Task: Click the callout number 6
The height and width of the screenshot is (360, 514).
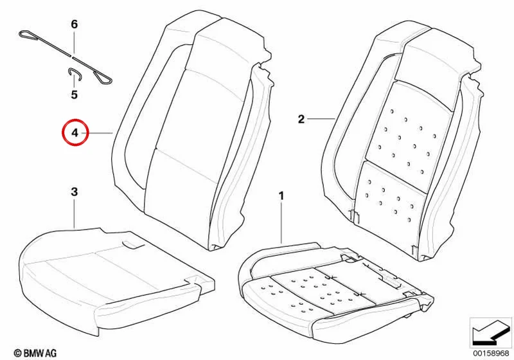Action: (75, 24)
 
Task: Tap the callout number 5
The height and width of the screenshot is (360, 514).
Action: (75, 94)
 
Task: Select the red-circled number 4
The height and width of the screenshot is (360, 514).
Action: (75, 133)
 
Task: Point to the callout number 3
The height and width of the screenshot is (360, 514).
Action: (75, 192)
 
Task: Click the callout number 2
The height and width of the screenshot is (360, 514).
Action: (301, 119)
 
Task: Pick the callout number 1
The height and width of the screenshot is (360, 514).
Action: (281, 197)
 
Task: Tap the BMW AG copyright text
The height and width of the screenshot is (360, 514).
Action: (35, 353)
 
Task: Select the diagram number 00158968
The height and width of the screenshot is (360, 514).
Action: (491, 353)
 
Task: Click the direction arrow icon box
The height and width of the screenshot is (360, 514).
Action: (490, 332)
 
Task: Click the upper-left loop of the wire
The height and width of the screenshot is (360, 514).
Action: (28, 35)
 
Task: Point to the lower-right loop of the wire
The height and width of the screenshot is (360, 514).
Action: (103, 77)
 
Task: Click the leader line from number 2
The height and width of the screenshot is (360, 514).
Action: (321, 118)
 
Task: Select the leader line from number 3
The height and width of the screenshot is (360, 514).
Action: (75, 213)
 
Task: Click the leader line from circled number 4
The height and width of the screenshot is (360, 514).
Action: (97, 133)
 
